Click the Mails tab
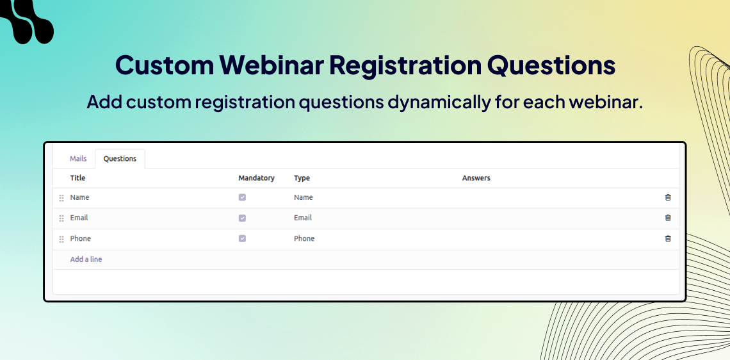tap(78, 159)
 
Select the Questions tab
tap(120, 159)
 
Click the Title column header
tap(77, 178)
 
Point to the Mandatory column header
tap(257, 178)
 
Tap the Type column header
tap(302, 178)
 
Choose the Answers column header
tap(476, 178)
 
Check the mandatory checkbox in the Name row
tap(242, 197)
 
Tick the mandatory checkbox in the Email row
tap(242, 218)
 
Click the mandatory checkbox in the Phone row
tap(242, 238)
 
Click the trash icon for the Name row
tap(668, 197)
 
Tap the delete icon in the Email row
tap(668, 218)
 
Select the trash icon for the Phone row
tap(668, 238)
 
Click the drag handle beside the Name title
tap(61, 198)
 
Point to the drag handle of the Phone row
tap(61, 240)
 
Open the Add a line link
tap(86, 259)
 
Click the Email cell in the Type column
tap(303, 218)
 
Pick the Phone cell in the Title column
tap(81, 238)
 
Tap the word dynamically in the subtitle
tap(439, 102)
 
